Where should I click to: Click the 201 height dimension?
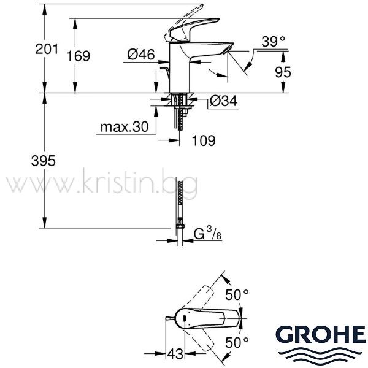pyautogui.click(x=47, y=49)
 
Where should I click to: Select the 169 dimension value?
pyautogui.click(x=78, y=56)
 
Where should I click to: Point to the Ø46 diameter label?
pyautogui.click(x=141, y=55)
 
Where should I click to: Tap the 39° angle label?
pyautogui.click(x=273, y=42)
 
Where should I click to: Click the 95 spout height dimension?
pyautogui.click(x=283, y=72)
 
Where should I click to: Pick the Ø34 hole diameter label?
pyautogui.click(x=223, y=101)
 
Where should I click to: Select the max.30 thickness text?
pyautogui.click(x=125, y=127)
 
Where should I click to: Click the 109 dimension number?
pyautogui.click(x=204, y=140)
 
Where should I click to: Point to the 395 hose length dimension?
pyautogui.click(x=44, y=161)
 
